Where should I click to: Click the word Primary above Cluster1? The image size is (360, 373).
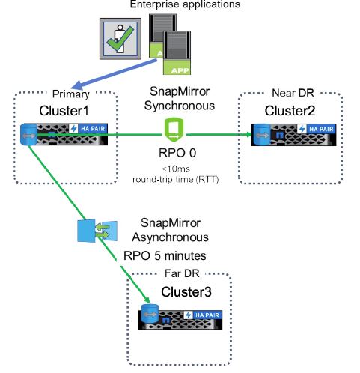70,95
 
